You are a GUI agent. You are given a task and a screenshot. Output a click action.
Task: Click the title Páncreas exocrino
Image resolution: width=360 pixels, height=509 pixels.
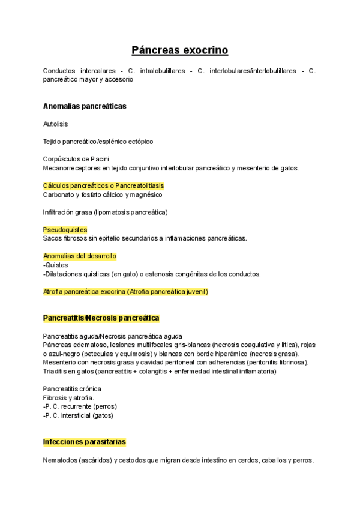pyautogui.click(x=179, y=50)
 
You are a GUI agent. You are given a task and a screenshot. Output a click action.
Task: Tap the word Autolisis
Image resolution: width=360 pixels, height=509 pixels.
pyautogui.click(x=56, y=124)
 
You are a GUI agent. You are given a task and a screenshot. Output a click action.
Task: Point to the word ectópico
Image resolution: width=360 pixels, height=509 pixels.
pyautogui.click(x=140, y=142)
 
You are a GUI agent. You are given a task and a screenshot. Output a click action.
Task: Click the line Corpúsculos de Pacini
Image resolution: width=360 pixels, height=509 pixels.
pyautogui.click(x=76, y=159)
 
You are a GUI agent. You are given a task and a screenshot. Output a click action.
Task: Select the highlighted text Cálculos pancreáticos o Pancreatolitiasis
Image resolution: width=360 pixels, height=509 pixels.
pyautogui.click(x=103, y=186)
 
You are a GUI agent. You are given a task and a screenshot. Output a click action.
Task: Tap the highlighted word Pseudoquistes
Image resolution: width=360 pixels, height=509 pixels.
pyautogui.click(x=65, y=230)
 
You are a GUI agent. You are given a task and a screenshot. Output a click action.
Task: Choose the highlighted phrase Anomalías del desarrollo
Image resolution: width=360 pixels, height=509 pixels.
pyautogui.click(x=80, y=256)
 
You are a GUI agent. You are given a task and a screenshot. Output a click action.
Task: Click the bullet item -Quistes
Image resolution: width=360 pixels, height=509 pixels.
pyautogui.click(x=56, y=265)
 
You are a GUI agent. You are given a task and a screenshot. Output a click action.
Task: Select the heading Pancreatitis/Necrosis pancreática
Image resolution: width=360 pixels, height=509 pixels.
pyautogui.click(x=101, y=318)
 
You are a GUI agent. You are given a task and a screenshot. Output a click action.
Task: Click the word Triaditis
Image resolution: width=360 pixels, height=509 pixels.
pyautogui.click(x=56, y=371)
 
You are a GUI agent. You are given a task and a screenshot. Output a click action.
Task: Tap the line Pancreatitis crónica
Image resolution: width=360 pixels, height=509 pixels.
pyautogui.click(x=72, y=389)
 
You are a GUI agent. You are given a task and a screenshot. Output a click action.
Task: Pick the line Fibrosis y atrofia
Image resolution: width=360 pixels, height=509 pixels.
pyautogui.click(x=68, y=398)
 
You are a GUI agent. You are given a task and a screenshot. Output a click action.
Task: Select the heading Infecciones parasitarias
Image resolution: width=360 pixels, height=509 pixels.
pyautogui.click(x=85, y=442)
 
